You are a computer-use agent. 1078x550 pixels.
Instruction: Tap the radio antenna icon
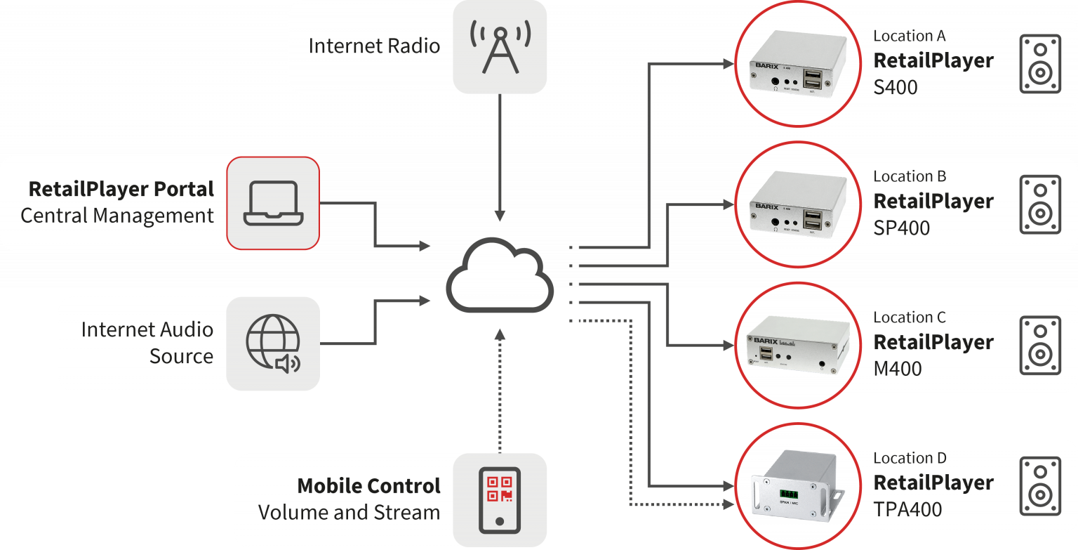pyautogui.click(x=500, y=46)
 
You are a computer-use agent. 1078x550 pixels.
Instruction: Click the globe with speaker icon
pyautogui.click(x=272, y=343)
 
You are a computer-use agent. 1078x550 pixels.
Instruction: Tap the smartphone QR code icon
pyautogui.click(x=500, y=500)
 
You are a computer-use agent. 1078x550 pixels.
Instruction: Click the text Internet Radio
pyautogui.click(x=374, y=46)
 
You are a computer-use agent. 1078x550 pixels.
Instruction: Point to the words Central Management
pyautogui.click(x=117, y=215)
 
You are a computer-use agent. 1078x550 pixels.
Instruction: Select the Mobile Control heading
pyautogui.click(x=368, y=485)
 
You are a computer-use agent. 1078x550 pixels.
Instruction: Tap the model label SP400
pyautogui.click(x=901, y=228)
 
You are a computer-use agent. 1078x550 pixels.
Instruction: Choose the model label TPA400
pyautogui.click(x=907, y=509)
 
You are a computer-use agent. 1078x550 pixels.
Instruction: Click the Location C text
pyautogui.click(x=910, y=317)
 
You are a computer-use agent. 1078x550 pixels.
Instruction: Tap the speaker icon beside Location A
pyautogui.click(x=1039, y=64)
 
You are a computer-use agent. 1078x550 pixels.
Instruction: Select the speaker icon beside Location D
pyautogui.click(x=1039, y=486)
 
